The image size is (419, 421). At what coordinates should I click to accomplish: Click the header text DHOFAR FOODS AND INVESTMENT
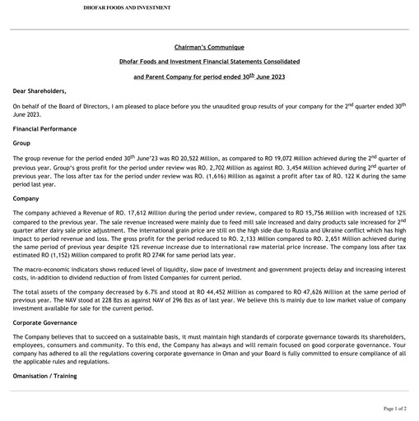[127, 7]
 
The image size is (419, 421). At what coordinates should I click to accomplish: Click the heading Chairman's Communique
[209, 47]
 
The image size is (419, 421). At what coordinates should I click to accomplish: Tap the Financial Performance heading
[44, 129]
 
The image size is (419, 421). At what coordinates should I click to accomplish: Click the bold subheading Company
[26, 199]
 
